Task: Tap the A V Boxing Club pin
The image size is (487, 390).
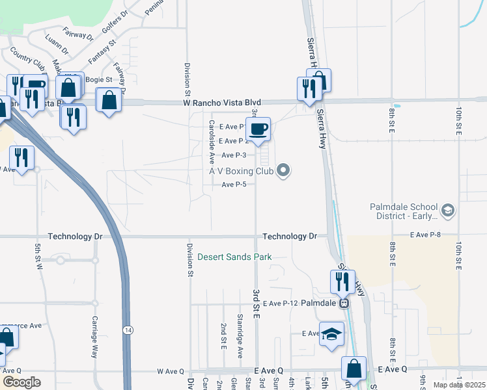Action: [283, 171]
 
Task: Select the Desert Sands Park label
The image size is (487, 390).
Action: [234, 257]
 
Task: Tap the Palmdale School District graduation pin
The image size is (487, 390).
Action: [447, 210]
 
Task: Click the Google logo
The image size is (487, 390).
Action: [21, 382]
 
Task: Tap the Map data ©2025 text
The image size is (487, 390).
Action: [460, 385]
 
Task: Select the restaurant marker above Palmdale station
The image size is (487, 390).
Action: [341, 281]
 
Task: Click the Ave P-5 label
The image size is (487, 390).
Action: [234, 185]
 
